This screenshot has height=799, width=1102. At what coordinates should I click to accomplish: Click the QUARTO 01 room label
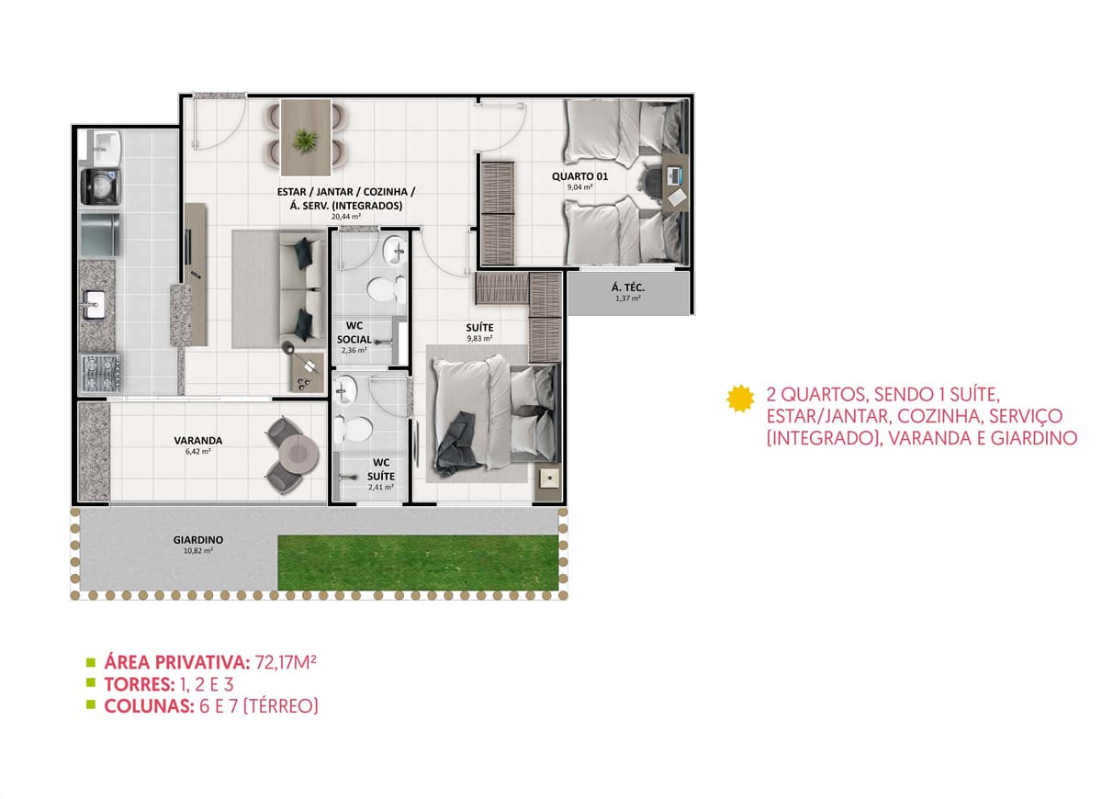click(579, 176)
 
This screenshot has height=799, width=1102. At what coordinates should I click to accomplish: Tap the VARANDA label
click(198, 440)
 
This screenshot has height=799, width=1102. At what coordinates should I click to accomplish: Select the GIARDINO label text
click(198, 540)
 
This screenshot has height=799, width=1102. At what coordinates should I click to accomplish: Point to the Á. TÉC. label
click(628, 287)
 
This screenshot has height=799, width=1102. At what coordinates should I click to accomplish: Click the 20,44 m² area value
click(346, 217)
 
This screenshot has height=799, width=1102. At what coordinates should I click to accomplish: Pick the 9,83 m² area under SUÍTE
click(479, 339)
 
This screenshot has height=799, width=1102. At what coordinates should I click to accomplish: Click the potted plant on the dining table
click(305, 140)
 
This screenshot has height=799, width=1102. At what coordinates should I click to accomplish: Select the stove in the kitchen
click(101, 373)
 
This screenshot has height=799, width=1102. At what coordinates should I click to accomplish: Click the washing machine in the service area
click(100, 186)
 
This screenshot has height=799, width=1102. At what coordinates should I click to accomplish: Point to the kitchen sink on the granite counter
click(94, 304)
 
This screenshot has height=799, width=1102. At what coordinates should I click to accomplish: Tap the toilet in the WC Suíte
click(354, 429)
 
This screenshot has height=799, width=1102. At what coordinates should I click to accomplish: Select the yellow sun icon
click(740, 399)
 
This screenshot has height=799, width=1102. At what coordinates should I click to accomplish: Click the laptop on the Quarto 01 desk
click(673, 175)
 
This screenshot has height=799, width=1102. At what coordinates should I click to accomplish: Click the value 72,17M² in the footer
click(286, 663)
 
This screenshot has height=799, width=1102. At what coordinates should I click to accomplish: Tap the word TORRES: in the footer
click(140, 684)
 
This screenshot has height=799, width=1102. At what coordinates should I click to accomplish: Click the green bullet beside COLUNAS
click(91, 705)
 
